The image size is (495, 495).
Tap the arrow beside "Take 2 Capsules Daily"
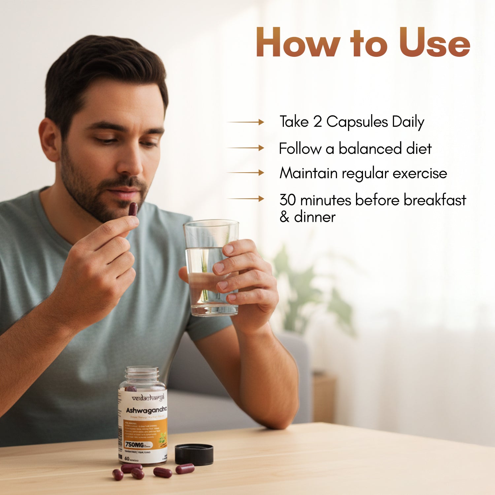[x=246, y=122]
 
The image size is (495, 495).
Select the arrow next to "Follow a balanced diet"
[x=246, y=148]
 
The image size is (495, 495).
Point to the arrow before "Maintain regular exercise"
[x=246, y=173]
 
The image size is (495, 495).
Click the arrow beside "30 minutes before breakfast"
[x=246, y=199]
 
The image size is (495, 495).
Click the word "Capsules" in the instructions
[x=357, y=122]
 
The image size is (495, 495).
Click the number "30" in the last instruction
[x=287, y=200]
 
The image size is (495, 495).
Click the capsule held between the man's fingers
[x=133, y=209]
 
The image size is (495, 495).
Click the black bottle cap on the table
[x=194, y=454]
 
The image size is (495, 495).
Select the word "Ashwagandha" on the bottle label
[x=146, y=410]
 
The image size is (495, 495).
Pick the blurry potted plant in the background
[x=307, y=290]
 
